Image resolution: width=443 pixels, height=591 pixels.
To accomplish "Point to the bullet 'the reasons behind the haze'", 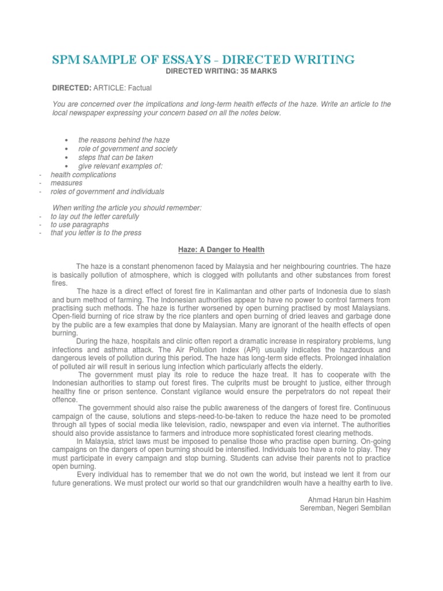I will pos(124,140).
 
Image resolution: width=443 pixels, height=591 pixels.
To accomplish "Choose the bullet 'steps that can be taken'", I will pos(117,158).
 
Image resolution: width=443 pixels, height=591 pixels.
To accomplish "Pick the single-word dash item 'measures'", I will pos(66,183).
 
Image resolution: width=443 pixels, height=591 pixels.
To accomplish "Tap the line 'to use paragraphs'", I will pos(80,225).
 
